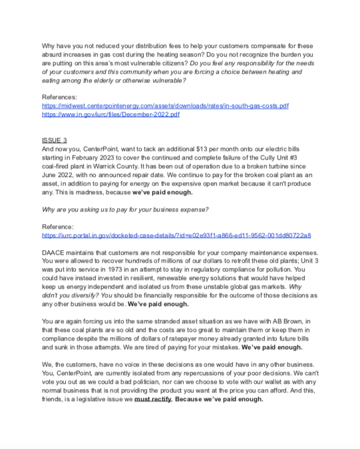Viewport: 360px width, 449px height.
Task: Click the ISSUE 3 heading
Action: tap(54, 140)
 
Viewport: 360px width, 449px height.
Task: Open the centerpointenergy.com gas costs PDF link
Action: tap(165, 106)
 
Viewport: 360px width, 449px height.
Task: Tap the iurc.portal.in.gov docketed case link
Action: tap(176, 235)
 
